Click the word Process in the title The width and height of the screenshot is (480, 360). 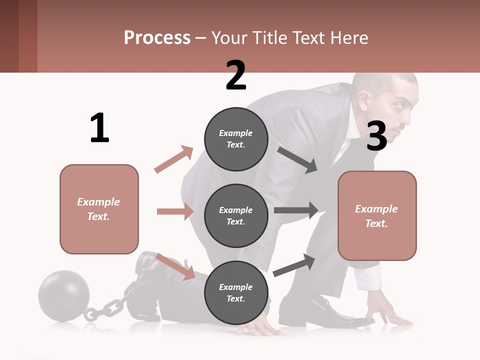157,38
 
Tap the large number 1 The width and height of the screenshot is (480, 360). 99,128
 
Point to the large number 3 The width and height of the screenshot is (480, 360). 376,136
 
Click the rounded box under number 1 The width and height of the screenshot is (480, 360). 99,209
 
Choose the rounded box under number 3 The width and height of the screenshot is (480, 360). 377,215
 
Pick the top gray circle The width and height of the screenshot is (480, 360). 236,139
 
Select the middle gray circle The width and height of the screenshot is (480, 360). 236,215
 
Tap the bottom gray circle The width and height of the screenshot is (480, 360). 236,292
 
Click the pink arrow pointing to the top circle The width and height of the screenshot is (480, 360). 174,159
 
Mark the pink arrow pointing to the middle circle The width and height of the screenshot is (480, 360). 175,211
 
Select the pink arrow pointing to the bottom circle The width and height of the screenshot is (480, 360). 176,266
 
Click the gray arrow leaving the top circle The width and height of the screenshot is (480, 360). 297,159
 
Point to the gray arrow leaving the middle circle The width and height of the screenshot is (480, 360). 296,210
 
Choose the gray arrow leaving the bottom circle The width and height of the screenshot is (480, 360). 294,265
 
